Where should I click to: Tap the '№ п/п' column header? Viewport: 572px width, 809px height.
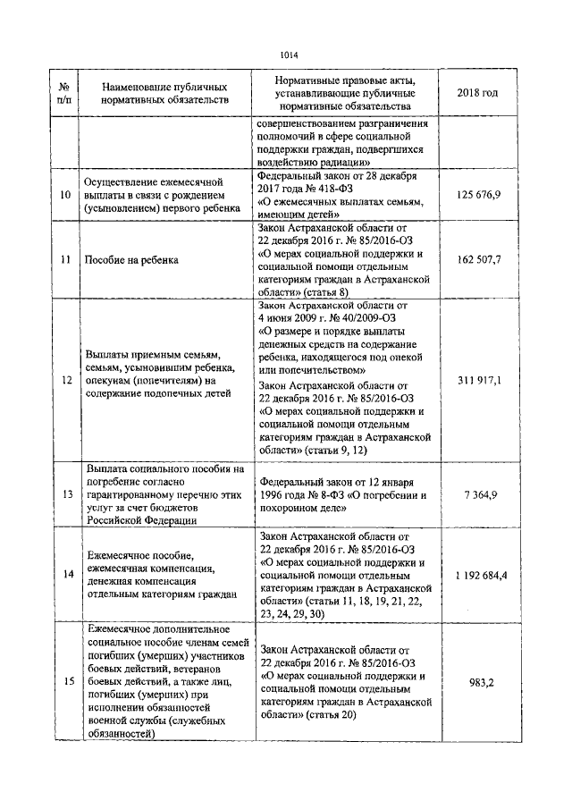pyautogui.click(x=64, y=94)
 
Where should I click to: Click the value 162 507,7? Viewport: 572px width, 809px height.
pyautogui.click(x=477, y=259)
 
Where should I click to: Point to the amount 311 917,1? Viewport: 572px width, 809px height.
pyautogui.click(x=477, y=380)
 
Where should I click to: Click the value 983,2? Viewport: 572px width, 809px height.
pyautogui.click(x=481, y=682)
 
